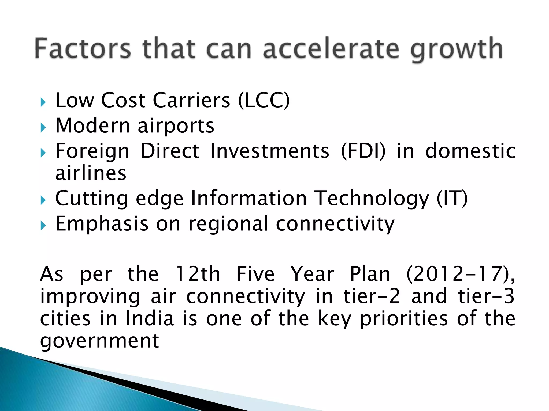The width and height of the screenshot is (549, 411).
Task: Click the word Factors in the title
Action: [x=83, y=49]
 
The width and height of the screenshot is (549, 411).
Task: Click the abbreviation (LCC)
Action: [x=264, y=100]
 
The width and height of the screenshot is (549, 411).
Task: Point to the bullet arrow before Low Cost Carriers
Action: [x=43, y=102]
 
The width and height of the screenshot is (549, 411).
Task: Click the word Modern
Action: [x=93, y=125]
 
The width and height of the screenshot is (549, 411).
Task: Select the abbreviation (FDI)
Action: [x=363, y=151]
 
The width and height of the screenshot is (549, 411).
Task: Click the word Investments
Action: [x=269, y=151]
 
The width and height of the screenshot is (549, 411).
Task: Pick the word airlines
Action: [x=91, y=173]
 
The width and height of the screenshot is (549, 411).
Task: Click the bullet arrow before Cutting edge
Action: [x=43, y=200]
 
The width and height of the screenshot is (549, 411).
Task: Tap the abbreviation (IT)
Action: [x=452, y=198]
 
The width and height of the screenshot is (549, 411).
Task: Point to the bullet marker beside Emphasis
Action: [x=43, y=226]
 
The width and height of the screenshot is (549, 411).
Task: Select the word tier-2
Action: [x=372, y=296]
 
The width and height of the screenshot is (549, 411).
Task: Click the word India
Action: [x=150, y=318]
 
